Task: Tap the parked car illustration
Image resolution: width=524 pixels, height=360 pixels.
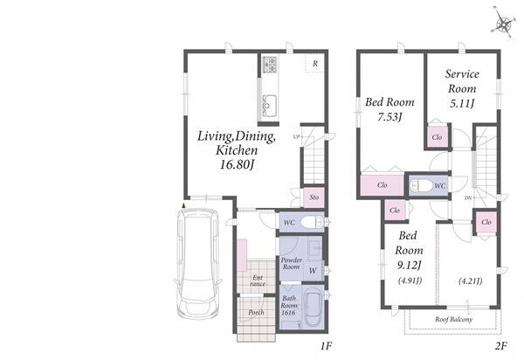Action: click(198, 264)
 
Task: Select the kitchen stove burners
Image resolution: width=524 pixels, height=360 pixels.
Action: click(269, 65)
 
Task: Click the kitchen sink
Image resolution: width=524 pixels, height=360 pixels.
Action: click(269, 106)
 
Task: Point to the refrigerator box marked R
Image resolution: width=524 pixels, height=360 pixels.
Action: click(314, 64)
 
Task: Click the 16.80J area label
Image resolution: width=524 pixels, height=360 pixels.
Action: click(237, 165)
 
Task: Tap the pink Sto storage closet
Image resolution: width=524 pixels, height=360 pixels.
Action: click(314, 197)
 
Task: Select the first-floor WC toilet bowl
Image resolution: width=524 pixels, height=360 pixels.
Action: click(312, 222)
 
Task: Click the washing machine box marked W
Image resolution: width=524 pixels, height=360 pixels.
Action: click(313, 271)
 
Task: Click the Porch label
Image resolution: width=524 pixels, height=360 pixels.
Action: click(256, 313)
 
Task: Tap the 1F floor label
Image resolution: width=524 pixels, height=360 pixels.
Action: click(326, 346)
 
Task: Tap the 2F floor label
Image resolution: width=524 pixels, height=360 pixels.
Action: click(501, 346)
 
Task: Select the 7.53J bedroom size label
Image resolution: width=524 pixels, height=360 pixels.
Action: click(390, 117)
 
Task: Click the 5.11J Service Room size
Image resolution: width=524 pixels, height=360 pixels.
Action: click(462, 104)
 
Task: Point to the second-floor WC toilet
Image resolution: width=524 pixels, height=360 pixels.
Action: click(422, 185)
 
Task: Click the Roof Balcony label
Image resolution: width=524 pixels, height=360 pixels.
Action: click(453, 319)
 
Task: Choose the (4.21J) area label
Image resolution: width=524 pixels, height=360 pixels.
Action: click(470, 280)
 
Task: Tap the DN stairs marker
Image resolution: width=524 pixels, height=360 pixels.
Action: click(468, 198)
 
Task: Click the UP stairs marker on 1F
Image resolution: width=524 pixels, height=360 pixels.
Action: click(296, 136)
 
